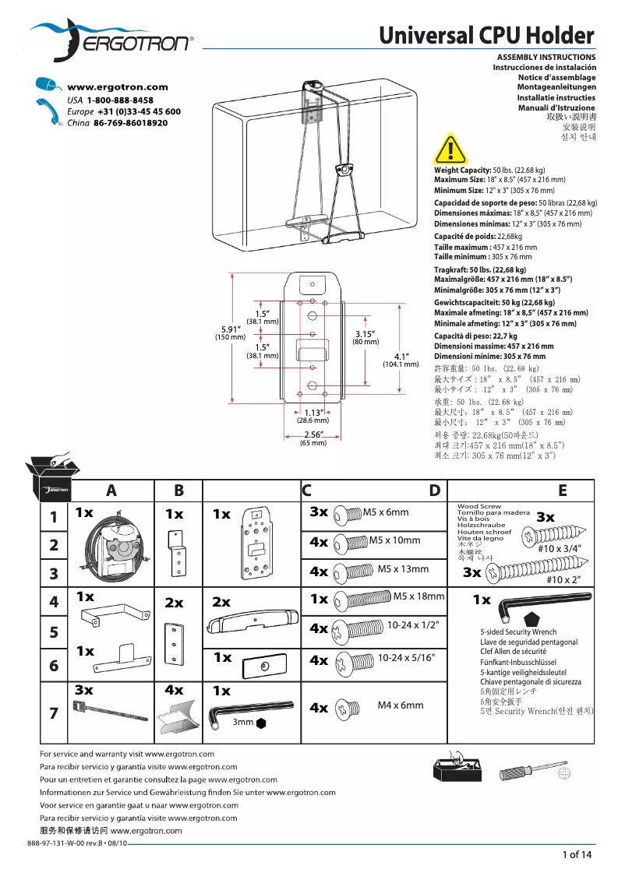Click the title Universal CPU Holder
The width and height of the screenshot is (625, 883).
pos(487,35)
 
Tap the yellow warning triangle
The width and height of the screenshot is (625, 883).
pos(447,149)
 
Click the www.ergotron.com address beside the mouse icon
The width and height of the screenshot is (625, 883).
pos(118,88)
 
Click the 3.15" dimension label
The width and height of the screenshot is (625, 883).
pos(365,334)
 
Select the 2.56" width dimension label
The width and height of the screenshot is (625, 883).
pos(313,434)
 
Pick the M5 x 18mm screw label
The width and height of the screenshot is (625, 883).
pos(418,596)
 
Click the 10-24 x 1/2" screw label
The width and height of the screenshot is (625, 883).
pos(413,624)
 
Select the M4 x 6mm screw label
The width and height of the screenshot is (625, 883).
pos(401,705)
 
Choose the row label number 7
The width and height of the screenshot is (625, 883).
pos(53,712)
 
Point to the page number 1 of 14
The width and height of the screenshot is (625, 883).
pos(577,855)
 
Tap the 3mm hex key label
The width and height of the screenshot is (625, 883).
pos(244,722)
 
